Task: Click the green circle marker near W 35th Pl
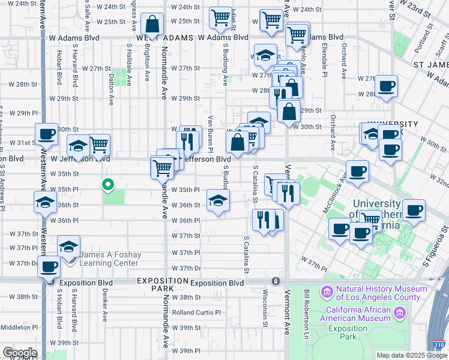[108, 185]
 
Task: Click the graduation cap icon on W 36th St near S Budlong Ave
[218, 200]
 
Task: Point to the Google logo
[20, 353]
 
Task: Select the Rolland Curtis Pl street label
[196, 313]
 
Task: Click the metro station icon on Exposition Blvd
[275, 281]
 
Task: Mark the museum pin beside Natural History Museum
[327, 293]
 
